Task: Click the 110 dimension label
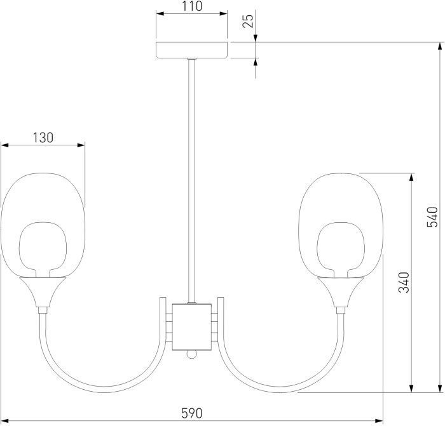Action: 192,6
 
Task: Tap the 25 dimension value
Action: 248,21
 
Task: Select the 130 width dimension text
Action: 43,138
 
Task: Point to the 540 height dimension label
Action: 432,217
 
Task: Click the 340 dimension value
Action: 404,283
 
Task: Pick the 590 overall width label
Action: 192,413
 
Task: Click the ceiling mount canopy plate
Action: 192,50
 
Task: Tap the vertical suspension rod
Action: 191,181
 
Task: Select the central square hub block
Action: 192,327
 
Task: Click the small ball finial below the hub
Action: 192,354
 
